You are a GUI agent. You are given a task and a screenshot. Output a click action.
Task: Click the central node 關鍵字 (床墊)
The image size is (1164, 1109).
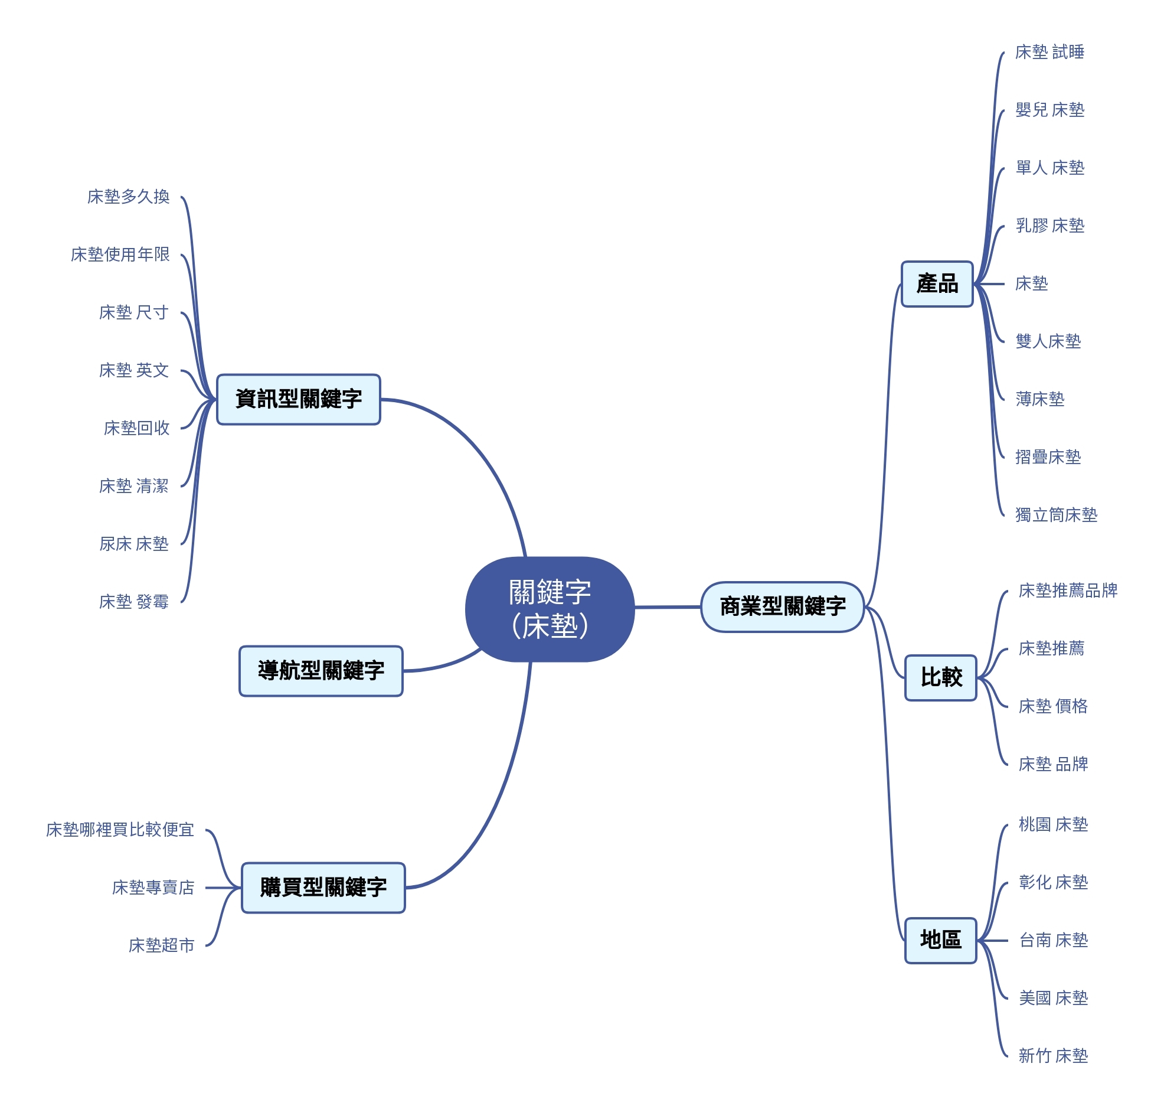(550, 609)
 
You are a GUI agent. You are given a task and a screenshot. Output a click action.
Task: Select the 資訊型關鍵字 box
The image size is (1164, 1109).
(299, 399)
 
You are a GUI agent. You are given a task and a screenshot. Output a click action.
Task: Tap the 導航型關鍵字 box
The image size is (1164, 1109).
(321, 670)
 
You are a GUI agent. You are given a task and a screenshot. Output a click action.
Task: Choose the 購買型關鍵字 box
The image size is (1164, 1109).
(323, 888)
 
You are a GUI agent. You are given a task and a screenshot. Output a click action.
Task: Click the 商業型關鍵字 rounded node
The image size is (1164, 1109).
(782, 606)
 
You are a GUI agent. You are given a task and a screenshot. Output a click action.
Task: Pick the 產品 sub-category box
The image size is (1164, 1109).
(937, 284)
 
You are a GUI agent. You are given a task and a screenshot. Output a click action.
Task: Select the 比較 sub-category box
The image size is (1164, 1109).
(941, 677)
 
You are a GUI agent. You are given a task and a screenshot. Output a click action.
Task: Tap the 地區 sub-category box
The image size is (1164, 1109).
(941, 940)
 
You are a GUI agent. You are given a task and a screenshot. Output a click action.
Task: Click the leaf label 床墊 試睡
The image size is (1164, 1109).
(1049, 52)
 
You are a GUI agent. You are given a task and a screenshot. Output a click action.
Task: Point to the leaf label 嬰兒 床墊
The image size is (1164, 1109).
(1049, 110)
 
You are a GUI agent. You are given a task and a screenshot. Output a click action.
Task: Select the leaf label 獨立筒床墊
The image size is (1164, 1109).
(1056, 515)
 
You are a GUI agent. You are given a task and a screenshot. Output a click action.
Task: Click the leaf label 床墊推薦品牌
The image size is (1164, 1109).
(1068, 591)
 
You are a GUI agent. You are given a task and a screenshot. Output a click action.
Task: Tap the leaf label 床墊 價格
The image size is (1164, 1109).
(1053, 706)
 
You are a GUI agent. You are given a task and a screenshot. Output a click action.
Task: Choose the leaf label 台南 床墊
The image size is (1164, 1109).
(1053, 940)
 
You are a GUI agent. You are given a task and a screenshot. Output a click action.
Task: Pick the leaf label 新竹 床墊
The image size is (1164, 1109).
(1053, 1056)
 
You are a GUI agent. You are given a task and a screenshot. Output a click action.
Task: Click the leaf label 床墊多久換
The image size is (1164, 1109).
(128, 196)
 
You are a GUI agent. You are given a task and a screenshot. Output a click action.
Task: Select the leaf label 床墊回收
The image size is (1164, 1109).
(136, 428)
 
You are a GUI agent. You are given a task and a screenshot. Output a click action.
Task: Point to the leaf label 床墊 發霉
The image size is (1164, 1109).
(133, 602)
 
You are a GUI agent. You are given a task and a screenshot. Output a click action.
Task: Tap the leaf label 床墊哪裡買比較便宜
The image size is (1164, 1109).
(120, 830)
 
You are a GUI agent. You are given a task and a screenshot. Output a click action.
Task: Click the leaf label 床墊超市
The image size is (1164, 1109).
(161, 945)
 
